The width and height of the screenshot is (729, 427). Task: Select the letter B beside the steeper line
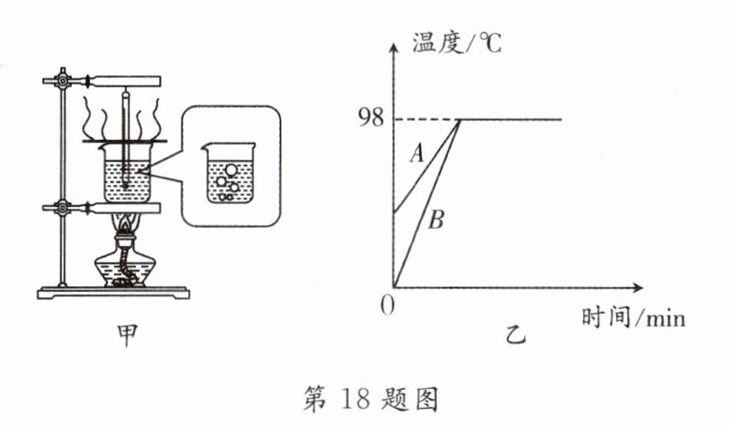[437, 220]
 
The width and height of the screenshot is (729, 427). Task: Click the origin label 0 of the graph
[387, 305]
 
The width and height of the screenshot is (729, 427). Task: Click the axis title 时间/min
[633, 319]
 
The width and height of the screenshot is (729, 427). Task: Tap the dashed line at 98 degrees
[427, 119]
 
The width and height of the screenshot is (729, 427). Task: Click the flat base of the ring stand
[116, 294]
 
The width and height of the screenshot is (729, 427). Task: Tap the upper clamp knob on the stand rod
[62, 80]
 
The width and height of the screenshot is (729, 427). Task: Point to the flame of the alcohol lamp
[125, 223]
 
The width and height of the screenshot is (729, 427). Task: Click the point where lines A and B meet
[460, 120]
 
